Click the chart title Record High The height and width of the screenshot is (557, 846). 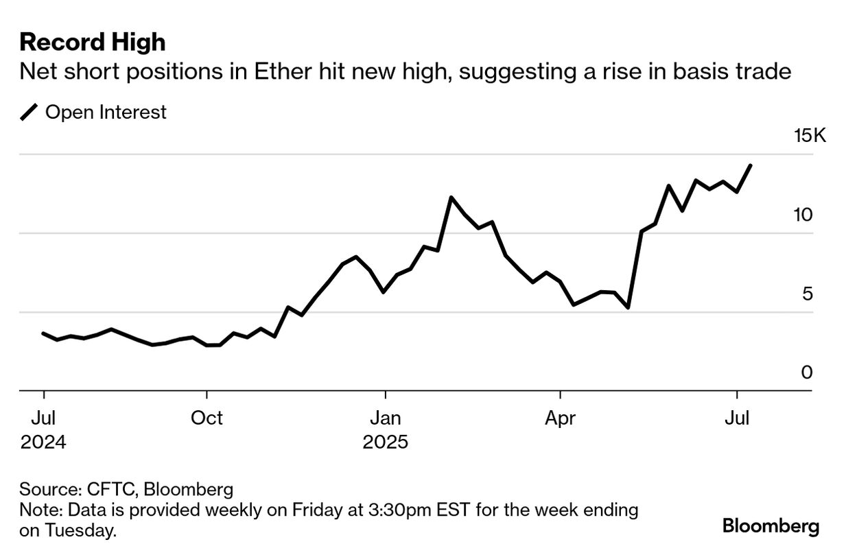92,42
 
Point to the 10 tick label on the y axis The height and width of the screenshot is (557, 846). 802,215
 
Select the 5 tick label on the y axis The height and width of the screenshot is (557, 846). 807,294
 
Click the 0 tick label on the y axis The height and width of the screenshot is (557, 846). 807,372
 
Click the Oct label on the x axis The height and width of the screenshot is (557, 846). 207,418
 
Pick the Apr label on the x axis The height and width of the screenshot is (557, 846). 561,418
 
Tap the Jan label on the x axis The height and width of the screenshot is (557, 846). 385,418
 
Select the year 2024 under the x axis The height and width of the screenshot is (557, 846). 43,442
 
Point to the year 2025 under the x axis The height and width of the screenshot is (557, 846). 385,442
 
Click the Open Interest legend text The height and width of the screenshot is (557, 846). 106,112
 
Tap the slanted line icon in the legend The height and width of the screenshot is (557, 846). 30,112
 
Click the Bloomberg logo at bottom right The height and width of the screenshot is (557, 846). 771,526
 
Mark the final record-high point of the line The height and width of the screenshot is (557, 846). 751,165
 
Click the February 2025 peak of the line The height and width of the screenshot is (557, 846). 451,198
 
